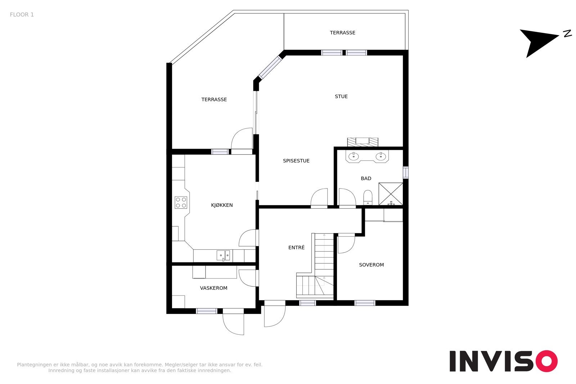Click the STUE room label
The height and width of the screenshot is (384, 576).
point(341,96)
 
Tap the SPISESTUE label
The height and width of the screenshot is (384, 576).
point(296,161)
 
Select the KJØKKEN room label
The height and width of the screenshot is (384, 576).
point(222,205)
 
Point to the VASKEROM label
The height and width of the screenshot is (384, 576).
point(213,288)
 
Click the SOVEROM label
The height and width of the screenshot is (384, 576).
point(371,265)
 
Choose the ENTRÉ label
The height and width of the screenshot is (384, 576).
point(296,247)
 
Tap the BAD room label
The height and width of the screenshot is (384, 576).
point(366,178)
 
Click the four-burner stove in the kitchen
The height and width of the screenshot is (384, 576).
point(181,202)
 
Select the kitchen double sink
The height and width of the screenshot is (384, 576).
point(223,256)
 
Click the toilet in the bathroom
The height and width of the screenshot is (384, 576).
point(368,197)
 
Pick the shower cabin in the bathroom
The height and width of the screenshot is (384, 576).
point(391,194)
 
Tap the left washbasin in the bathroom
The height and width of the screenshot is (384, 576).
point(354,156)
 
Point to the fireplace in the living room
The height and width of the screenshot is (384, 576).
point(363,142)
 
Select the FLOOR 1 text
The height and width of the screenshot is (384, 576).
point(22,15)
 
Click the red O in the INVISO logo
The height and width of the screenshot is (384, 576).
point(546,361)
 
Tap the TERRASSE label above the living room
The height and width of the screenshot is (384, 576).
point(342,33)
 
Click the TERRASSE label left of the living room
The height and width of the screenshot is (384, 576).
point(214,99)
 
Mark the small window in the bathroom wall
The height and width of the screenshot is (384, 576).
point(405,172)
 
